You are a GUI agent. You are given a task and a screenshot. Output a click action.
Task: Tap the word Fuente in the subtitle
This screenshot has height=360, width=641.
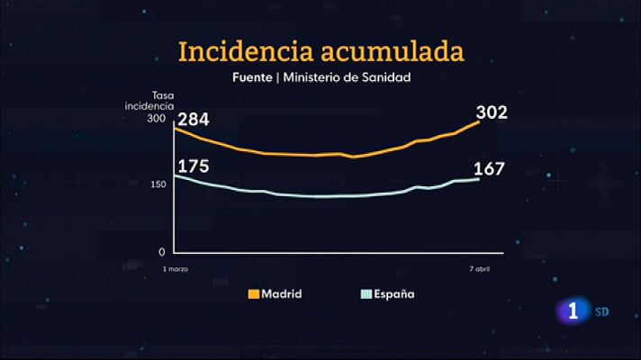252,78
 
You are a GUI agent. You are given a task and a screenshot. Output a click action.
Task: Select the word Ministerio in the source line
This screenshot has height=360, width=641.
315,78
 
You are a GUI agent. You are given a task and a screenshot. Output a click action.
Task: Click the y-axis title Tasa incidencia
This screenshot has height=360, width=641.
149,101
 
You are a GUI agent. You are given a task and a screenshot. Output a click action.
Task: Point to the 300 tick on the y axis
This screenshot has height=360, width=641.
157,119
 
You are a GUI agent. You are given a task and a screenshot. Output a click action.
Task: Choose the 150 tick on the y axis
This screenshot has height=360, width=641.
157,184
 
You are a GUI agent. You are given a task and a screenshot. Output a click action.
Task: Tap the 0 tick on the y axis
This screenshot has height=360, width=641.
162,252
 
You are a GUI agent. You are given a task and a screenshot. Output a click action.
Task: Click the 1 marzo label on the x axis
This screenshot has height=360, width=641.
176,269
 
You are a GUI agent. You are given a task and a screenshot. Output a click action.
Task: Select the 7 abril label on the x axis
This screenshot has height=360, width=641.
479,269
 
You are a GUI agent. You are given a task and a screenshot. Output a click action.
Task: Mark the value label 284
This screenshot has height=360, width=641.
194,120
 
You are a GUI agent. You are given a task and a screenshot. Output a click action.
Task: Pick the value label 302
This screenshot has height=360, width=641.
492,112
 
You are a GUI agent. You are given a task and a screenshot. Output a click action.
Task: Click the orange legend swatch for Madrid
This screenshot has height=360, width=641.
254,294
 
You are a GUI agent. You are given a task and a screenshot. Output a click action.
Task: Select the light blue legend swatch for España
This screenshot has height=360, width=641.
366,294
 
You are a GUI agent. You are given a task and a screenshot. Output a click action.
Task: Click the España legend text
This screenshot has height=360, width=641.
395,294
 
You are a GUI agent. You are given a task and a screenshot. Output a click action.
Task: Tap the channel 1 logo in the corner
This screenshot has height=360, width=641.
574,313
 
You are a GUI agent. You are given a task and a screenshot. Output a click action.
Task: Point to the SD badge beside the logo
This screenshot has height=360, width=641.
602,312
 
